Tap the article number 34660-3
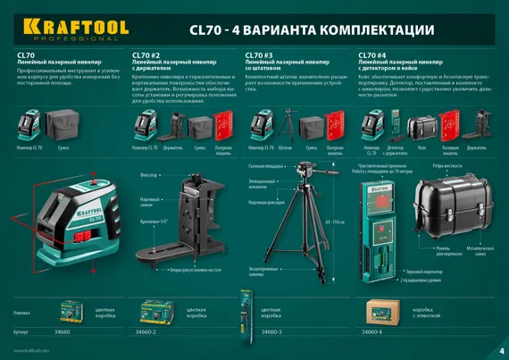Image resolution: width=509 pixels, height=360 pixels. tap(268, 331)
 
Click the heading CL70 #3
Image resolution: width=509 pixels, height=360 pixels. tap(259, 54)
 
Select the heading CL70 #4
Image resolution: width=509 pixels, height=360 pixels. tap(372, 54)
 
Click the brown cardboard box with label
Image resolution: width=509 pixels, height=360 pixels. tap(381, 312)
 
